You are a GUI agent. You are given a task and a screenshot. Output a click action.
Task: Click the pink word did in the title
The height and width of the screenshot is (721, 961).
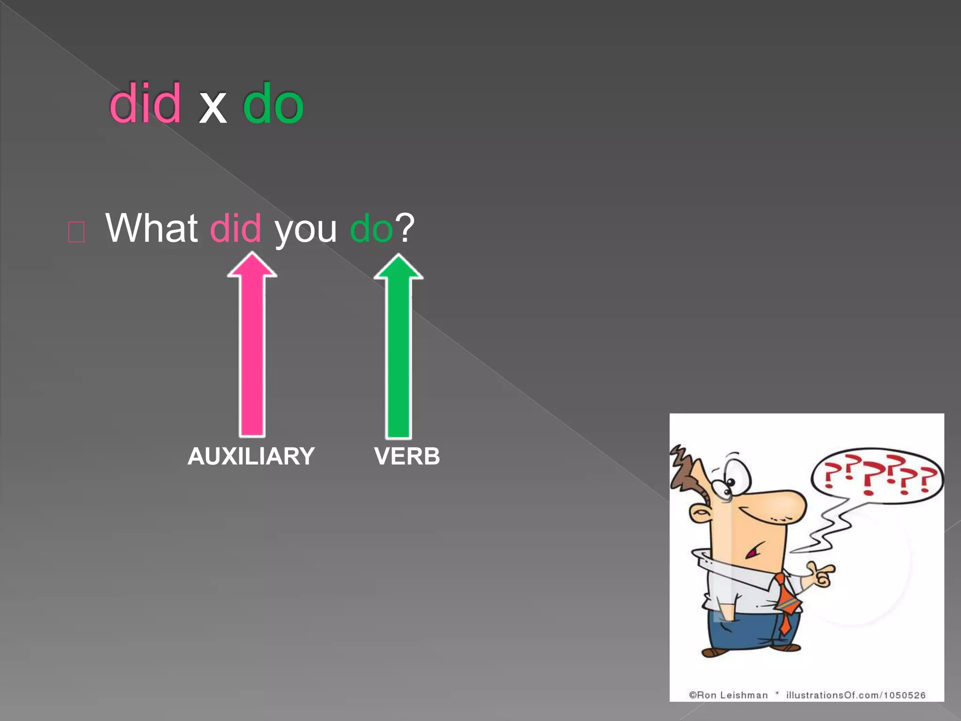[x=145, y=103]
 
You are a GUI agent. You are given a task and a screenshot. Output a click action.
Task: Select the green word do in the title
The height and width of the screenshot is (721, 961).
[x=273, y=103]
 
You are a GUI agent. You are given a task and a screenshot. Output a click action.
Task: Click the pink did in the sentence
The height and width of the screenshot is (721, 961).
[x=235, y=228]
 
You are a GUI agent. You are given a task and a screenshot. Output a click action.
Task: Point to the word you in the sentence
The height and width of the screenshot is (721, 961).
[x=305, y=230]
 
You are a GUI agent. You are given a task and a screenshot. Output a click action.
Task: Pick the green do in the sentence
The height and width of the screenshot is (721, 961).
[x=371, y=229]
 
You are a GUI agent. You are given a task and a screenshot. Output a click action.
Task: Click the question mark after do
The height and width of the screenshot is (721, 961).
[x=405, y=227]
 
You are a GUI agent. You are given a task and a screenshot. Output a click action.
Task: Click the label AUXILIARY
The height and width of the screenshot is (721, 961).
[x=251, y=456]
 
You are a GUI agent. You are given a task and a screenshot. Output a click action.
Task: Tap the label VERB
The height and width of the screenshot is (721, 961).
[x=407, y=456]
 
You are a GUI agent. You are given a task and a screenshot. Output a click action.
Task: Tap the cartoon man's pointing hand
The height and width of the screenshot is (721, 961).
[x=821, y=575]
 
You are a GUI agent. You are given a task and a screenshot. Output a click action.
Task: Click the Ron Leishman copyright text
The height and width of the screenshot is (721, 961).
[x=728, y=695]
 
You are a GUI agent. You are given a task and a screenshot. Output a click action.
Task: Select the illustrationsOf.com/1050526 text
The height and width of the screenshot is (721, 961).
[x=856, y=695]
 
